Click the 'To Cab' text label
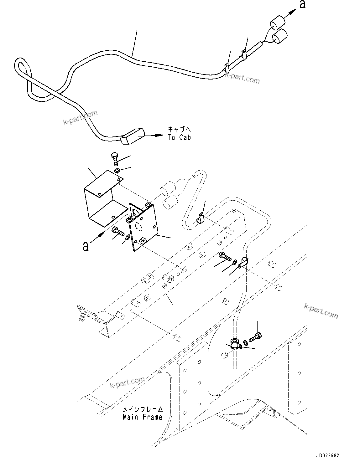coord(179,137)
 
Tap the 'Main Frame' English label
coord(142,417)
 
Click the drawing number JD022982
coord(326,456)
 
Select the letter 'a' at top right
coord(302,5)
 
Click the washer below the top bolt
coord(117,171)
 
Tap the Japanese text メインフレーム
coord(143,409)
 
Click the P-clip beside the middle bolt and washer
coord(243,262)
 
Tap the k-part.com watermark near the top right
coord(243,79)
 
